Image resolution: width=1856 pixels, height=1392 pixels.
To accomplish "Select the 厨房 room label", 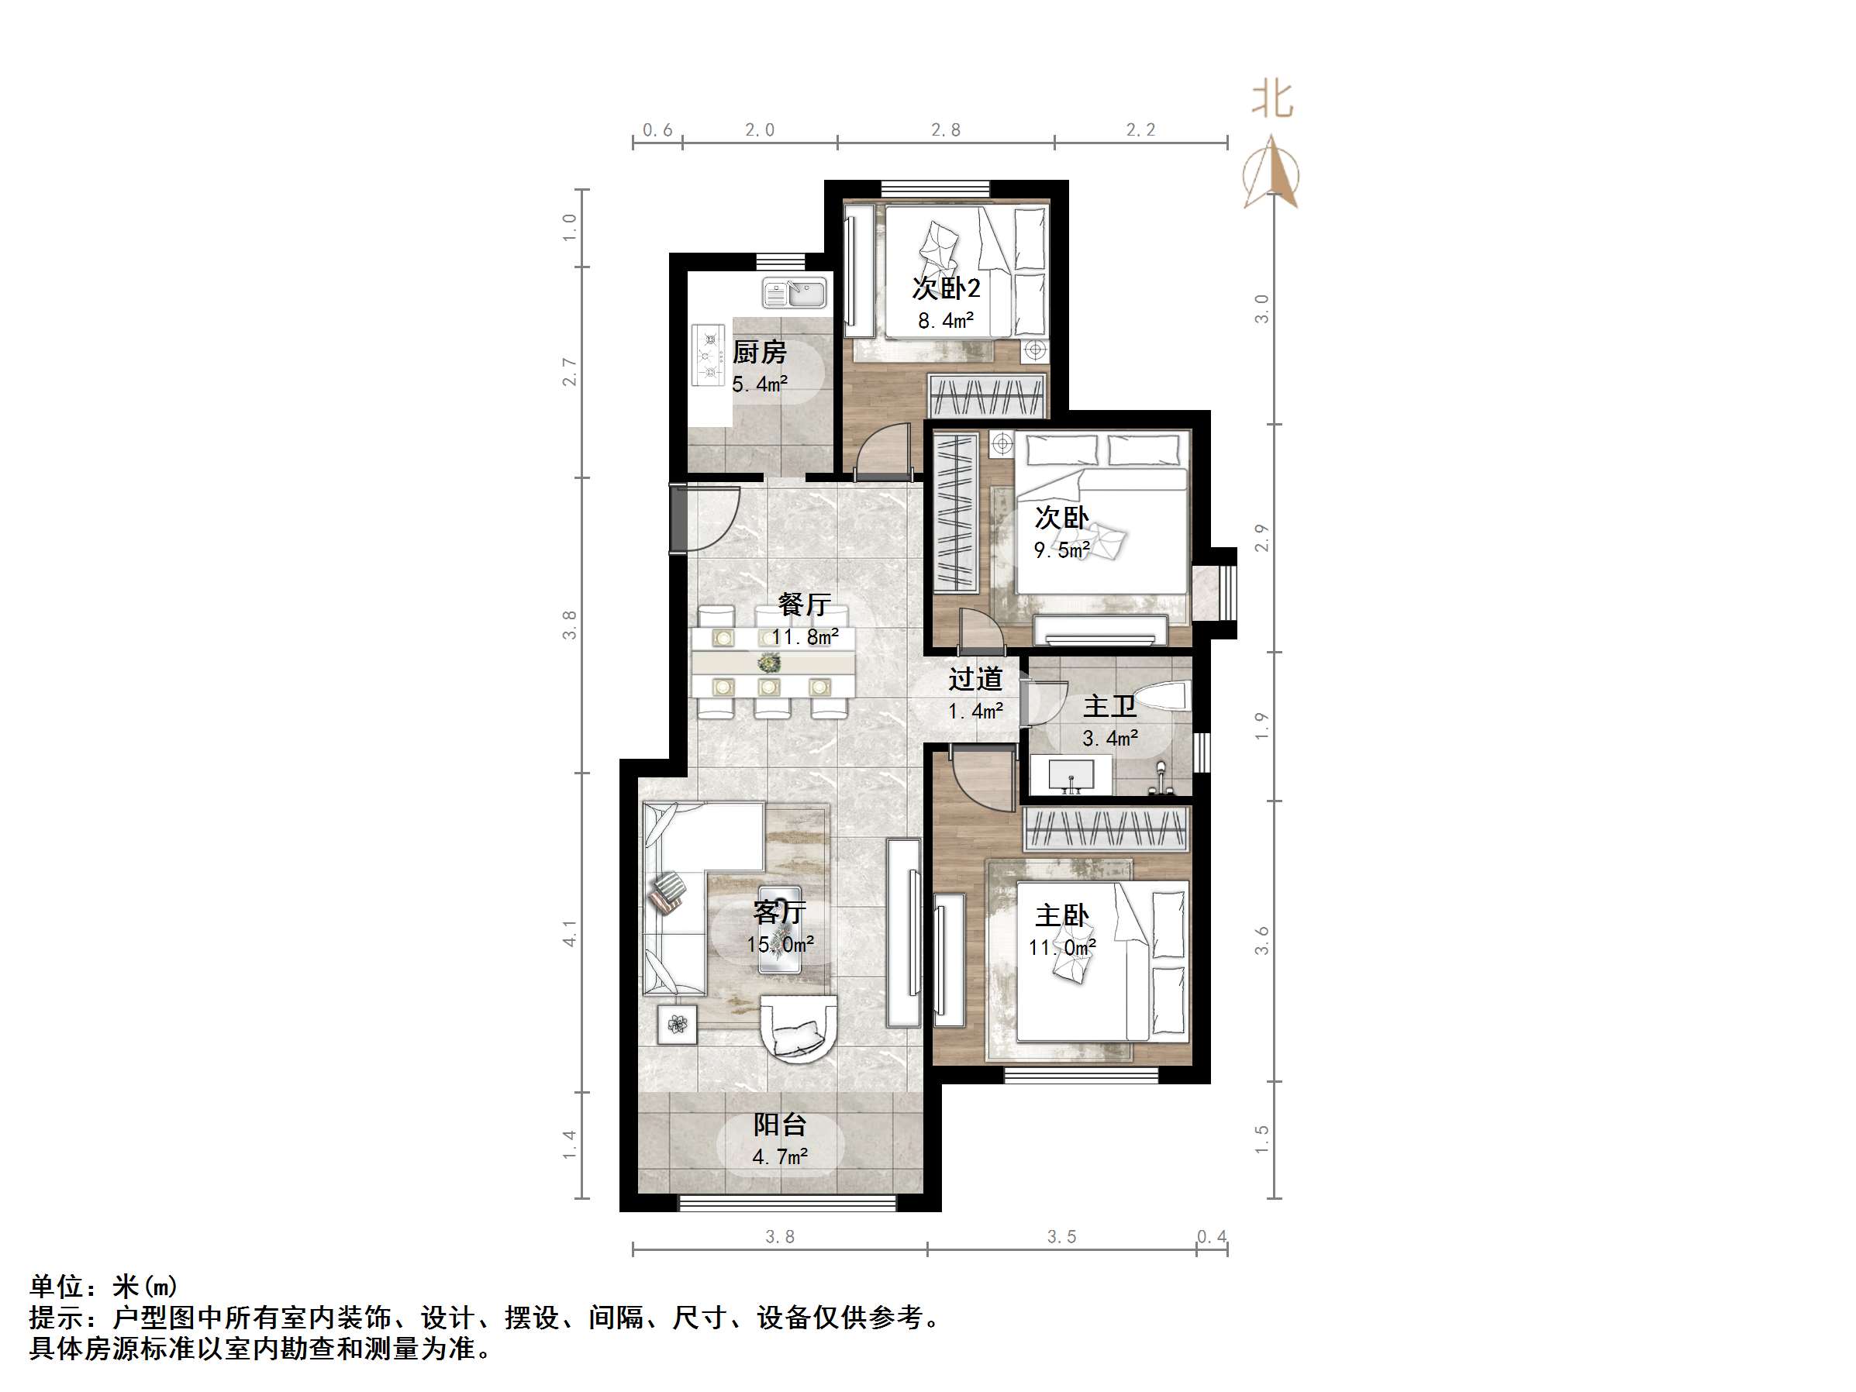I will coord(759,353).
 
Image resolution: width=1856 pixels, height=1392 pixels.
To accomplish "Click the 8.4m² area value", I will coord(946,321).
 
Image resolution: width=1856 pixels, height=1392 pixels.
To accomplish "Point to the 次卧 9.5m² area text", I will coord(1061,550).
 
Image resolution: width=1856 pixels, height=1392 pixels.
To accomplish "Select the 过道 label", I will coord(976,679).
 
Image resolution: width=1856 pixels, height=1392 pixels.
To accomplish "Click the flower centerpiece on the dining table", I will coord(768,663).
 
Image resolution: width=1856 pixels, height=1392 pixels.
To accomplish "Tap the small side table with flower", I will coord(677,1024).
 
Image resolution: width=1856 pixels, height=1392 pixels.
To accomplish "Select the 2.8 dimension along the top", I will coord(946,130).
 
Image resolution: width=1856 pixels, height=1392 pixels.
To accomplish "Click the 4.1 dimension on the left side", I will coord(570,934).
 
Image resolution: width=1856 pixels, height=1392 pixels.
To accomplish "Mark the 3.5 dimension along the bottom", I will coord(1061,1237).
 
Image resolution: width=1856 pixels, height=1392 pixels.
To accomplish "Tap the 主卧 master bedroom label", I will coord(1062,915).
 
